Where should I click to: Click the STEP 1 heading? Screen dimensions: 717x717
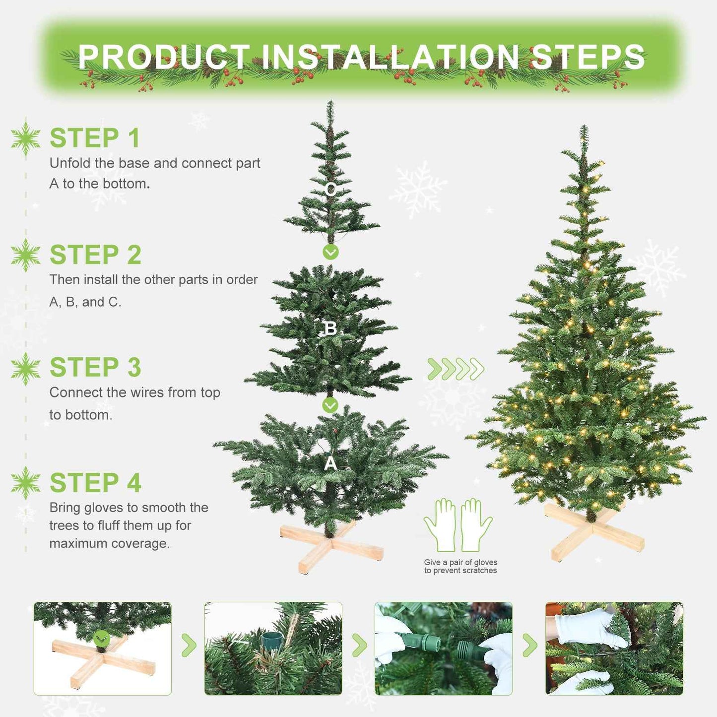95,138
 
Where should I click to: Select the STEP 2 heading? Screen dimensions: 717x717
95,255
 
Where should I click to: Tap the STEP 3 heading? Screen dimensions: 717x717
95,368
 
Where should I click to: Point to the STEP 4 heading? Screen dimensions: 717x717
95,483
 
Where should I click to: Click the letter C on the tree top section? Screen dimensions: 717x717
330,190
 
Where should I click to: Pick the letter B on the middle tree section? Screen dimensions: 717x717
330,328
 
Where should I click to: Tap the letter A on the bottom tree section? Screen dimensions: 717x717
330,463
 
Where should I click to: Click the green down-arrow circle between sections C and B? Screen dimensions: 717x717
330,252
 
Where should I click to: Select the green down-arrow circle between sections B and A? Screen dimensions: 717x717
330,405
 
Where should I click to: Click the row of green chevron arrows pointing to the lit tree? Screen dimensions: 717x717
456,369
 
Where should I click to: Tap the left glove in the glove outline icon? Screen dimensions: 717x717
440,525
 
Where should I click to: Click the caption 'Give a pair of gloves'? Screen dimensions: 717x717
460,562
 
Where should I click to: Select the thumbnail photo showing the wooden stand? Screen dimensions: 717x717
103,649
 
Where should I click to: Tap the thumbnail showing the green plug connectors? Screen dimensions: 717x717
444,649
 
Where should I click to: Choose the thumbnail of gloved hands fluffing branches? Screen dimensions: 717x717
614,649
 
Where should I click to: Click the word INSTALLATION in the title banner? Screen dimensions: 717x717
390,57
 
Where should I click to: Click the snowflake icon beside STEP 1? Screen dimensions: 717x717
26,138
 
